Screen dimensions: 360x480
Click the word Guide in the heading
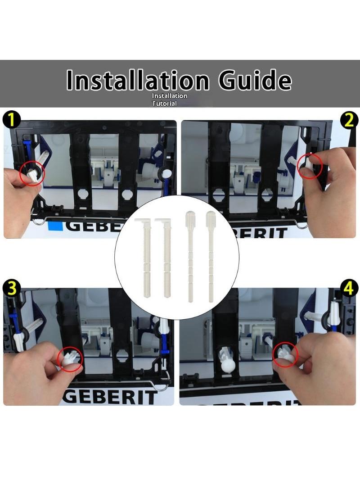pyautogui.click(x=255, y=80)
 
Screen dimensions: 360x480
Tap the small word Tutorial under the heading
pyautogui.click(x=165, y=104)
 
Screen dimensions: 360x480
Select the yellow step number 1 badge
pyautogui.click(x=11, y=120)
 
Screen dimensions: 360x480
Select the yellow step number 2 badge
pyautogui.click(x=349, y=120)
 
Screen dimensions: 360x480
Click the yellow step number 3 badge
pyautogui.click(x=11, y=289)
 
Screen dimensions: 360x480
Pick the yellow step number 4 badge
pyautogui.click(x=349, y=289)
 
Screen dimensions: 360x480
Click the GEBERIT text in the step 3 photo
pyautogui.click(x=110, y=397)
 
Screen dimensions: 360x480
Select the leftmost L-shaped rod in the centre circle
pyautogui.click(x=144, y=257)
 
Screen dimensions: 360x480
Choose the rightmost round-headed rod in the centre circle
pyautogui.click(x=211, y=257)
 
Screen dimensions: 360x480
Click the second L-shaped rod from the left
pyautogui.click(x=166, y=257)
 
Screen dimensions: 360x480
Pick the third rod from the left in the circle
pyautogui.click(x=190, y=257)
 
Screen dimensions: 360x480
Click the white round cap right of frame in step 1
pyautogui.click(x=166, y=173)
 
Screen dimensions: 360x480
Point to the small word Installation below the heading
pyautogui.click(x=170, y=96)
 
